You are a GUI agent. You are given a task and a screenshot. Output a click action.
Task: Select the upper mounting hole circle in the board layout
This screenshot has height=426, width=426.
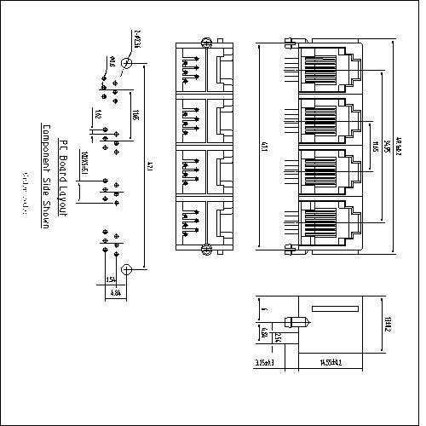[x=127, y=64]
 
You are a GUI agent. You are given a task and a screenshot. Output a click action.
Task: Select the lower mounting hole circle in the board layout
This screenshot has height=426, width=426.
[x=127, y=270]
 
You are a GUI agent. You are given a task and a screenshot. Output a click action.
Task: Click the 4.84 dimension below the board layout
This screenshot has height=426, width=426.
[x=116, y=291]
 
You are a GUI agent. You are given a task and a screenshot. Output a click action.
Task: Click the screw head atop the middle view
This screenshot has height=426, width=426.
[x=204, y=42]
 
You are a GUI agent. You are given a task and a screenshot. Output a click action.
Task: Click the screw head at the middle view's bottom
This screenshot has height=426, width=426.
[x=204, y=249]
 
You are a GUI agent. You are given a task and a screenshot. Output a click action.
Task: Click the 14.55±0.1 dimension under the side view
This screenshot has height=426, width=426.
[x=332, y=363]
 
